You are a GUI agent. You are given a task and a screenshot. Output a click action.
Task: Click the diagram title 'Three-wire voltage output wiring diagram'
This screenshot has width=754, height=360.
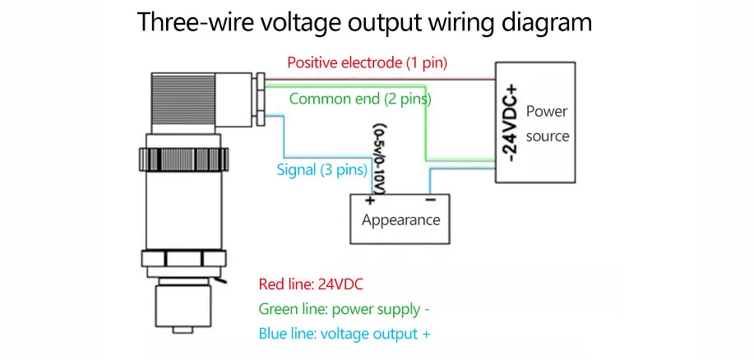click(x=364, y=22)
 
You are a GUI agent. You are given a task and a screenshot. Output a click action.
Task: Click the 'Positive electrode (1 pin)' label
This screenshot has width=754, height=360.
click(x=367, y=62)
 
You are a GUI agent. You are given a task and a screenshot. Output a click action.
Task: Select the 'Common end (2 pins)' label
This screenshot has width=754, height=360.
click(x=360, y=99)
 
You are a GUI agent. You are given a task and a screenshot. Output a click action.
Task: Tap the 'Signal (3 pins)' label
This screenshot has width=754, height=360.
click(x=321, y=170)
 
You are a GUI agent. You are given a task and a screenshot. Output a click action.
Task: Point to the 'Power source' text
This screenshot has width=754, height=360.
click(x=547, y=123)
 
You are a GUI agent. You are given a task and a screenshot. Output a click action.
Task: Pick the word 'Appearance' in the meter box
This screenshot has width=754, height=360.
click(x=400, y=219)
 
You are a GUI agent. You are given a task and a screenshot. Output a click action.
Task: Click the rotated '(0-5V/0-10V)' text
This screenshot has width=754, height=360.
click(x=380, y=160)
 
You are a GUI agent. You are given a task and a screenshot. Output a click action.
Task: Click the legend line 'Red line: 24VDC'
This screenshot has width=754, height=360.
click(x=311, y=284)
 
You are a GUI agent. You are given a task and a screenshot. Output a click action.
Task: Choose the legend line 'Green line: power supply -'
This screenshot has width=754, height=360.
click(x=344, y=309)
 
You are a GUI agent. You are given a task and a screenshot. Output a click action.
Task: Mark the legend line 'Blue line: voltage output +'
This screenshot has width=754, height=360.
click(x=344, y=334)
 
